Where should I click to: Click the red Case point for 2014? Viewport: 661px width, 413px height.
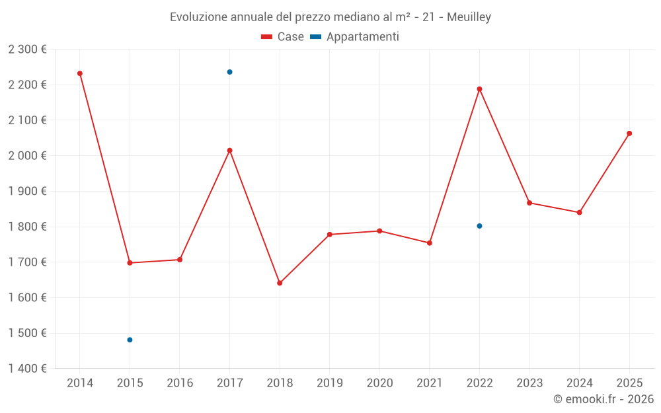coord(80,74)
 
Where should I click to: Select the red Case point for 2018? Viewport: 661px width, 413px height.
coord(280,283)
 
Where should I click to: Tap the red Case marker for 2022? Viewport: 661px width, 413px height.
coord(479,89)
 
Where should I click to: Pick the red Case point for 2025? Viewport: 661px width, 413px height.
coord(629,133)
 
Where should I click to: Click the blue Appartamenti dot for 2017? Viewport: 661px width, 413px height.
coord(230,72)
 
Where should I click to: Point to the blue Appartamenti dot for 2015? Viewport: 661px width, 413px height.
coord(130,340)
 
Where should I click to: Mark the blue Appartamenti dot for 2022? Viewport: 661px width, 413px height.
coord(479,226)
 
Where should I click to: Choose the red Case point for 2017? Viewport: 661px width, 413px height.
coord(230,151)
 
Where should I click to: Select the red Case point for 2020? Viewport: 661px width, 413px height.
coord(379,231)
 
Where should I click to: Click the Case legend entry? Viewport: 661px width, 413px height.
coord(282,36)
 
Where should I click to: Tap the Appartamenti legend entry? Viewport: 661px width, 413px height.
coord(354,36)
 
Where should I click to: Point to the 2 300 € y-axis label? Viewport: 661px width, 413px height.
coord(27,50)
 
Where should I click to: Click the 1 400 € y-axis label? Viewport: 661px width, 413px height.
coord(27,369)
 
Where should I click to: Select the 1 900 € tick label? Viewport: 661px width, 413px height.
coord(27,192)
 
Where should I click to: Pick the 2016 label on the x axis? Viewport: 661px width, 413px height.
coord(180,383)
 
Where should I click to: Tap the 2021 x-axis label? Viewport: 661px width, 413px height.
coord(430,383)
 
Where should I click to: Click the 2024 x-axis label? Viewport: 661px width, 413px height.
coord(579,383)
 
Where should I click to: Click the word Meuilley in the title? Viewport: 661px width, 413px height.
coord(469,17)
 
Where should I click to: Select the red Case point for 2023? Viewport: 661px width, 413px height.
coord(529,203)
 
